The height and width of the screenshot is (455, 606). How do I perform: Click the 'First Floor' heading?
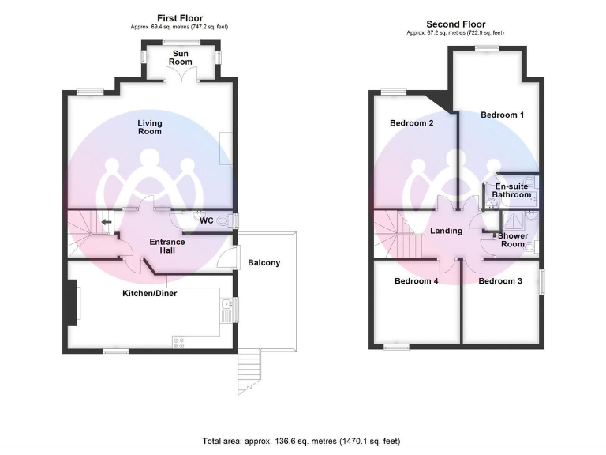(180, 18)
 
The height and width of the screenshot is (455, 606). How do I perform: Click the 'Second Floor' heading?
(455, 24)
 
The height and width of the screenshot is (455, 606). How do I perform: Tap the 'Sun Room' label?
(181, 57)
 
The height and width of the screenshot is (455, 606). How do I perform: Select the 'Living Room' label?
(149, 126)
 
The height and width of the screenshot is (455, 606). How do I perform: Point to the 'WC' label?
(207, 220)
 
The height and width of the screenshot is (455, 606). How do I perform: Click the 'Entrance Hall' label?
(167, 246)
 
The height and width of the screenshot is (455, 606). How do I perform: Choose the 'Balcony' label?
(264, 263)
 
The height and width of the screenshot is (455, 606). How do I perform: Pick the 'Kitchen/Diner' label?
(149, 294)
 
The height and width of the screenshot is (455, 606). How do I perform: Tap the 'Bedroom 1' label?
(503, 115)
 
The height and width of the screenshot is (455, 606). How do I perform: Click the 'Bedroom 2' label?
(412, 123)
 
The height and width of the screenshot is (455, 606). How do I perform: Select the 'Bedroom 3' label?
(499, 281)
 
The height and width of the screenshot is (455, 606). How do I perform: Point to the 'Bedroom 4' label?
(416, 281)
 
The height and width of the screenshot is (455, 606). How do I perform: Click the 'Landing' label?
(446, 231)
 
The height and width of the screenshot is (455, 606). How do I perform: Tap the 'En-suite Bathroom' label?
(511, 190)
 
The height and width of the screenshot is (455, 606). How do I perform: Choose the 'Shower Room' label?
(512, 240)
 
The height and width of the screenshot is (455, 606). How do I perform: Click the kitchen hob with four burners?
(178, 341)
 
